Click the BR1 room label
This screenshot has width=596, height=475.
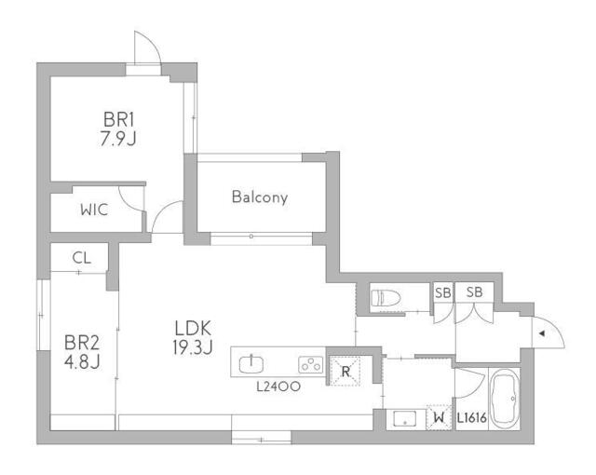(119, 119)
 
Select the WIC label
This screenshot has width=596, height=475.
(93, 210)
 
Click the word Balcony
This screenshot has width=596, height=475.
(259, 197)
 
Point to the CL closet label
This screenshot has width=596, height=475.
(81, 258)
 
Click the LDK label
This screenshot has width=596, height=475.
(194, 328)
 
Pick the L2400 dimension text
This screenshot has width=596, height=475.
(278, 385)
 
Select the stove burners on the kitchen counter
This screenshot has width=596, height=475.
(309, 364)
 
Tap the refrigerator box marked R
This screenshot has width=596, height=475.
(345, 372)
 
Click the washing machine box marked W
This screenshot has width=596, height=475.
(439, 418)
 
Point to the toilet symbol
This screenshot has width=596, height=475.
(386, 298)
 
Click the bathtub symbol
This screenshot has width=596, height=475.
(506, 399)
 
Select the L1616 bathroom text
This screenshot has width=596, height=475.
(472, 419)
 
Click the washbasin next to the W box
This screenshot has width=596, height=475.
(405, 419)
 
